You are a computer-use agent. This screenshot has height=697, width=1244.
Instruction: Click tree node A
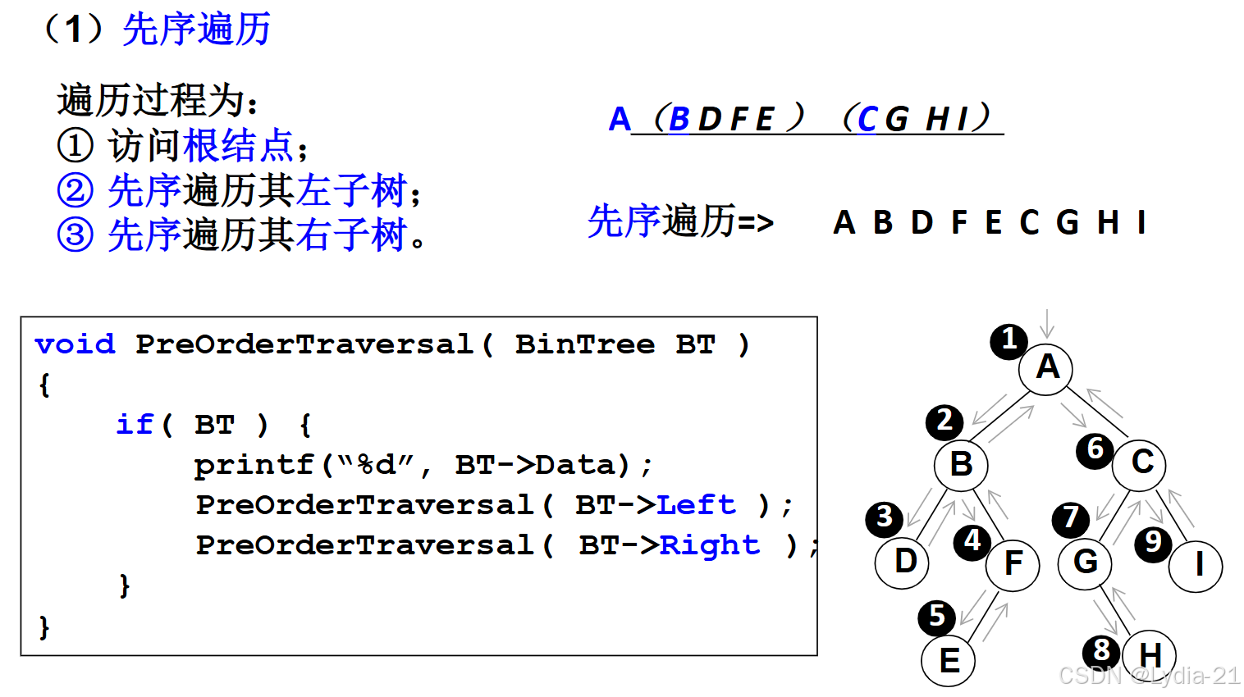(x=1046, y=368)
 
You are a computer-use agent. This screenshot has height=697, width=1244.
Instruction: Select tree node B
(x=961, y=465)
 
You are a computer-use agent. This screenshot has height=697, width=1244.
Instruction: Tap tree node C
(x=1140, y=463)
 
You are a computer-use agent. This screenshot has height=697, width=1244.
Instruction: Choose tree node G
(x=1085, y=563)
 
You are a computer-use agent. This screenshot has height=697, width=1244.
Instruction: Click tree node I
(x=1196, y=565)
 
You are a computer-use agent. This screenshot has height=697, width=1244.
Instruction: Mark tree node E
(x=948, y=660)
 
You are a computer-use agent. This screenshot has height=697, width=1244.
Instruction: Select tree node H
(x=1149, y=656)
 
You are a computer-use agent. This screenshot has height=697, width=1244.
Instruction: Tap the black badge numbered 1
(x=1009, y=340)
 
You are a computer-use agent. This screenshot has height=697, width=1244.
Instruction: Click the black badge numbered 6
(x=1095, y=450)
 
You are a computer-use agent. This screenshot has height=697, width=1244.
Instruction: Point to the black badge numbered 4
(x=972, y=541)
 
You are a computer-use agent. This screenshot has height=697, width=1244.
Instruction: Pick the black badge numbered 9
(x=1153, y=543)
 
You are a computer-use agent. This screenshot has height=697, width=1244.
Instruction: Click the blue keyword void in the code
(x=75, y=344)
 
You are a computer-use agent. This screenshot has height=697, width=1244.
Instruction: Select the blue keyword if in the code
(x=135, y=425)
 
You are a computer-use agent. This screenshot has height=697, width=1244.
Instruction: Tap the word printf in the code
(x=254, y=465)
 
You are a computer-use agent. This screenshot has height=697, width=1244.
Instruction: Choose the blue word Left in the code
(x=696, y=505)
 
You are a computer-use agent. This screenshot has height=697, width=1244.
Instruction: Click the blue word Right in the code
(x=710, y=545)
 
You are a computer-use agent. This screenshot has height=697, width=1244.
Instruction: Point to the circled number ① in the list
(x=75, y=146)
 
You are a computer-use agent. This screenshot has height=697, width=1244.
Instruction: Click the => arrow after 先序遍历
(x=756, y=223)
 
